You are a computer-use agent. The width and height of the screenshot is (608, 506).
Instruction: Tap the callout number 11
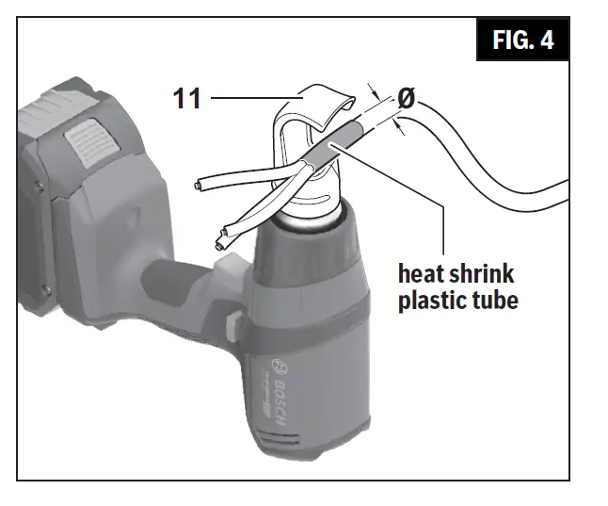187,97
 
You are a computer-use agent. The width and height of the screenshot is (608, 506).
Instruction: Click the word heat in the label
422,274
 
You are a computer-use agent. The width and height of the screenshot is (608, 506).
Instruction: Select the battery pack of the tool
66,207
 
